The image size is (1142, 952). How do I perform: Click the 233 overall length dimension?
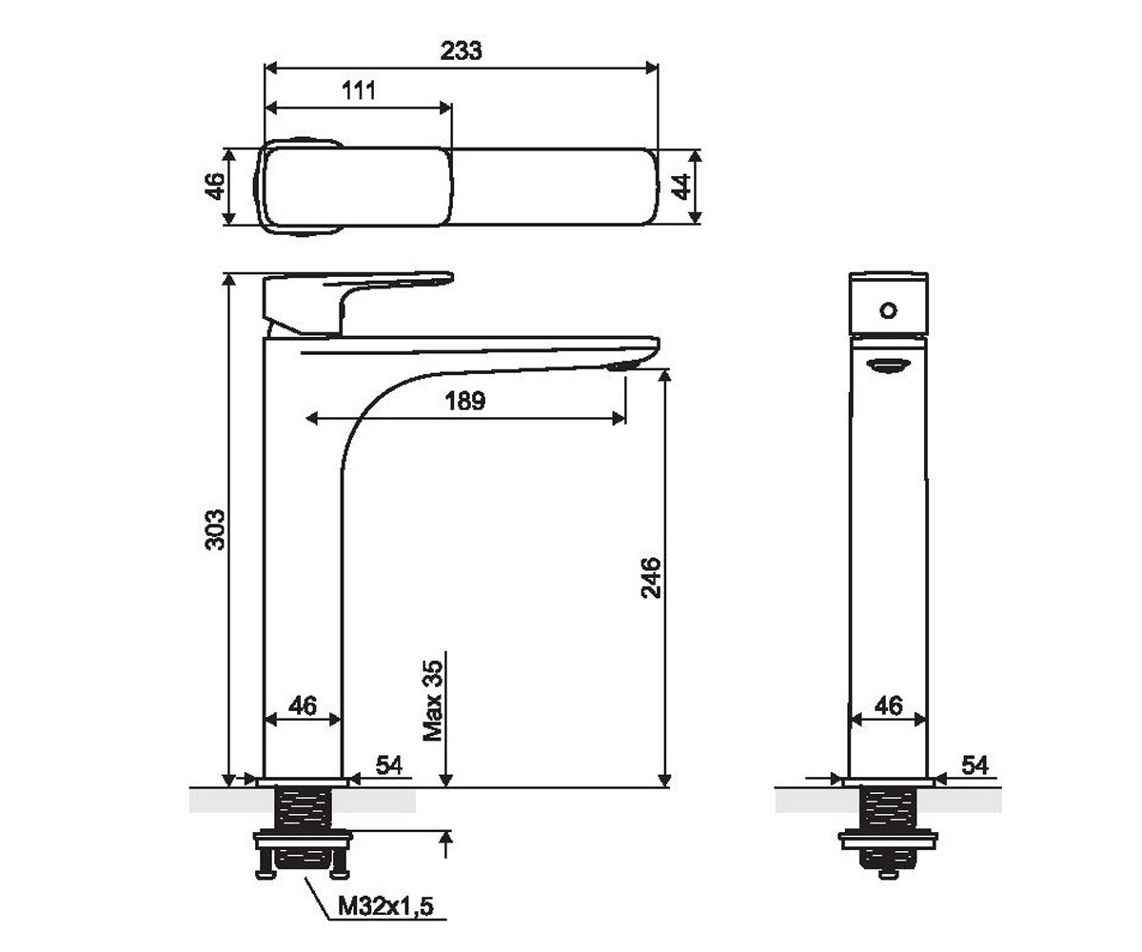pos(461,50)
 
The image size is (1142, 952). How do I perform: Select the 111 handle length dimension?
pos(359,90)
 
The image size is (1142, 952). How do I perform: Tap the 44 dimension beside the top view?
pos(681,187)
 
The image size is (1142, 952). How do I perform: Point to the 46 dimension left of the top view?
pos(215,186)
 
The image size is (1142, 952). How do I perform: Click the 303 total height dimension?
pos(215,529)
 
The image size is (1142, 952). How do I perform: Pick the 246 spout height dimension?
pos(651,578)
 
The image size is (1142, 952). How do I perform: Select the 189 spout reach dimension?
pos(465,401)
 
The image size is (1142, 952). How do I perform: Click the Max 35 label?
pos(433,701)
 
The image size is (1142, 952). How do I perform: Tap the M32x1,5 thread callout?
pos(385,906)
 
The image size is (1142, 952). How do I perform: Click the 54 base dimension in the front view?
pos(389,764)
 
